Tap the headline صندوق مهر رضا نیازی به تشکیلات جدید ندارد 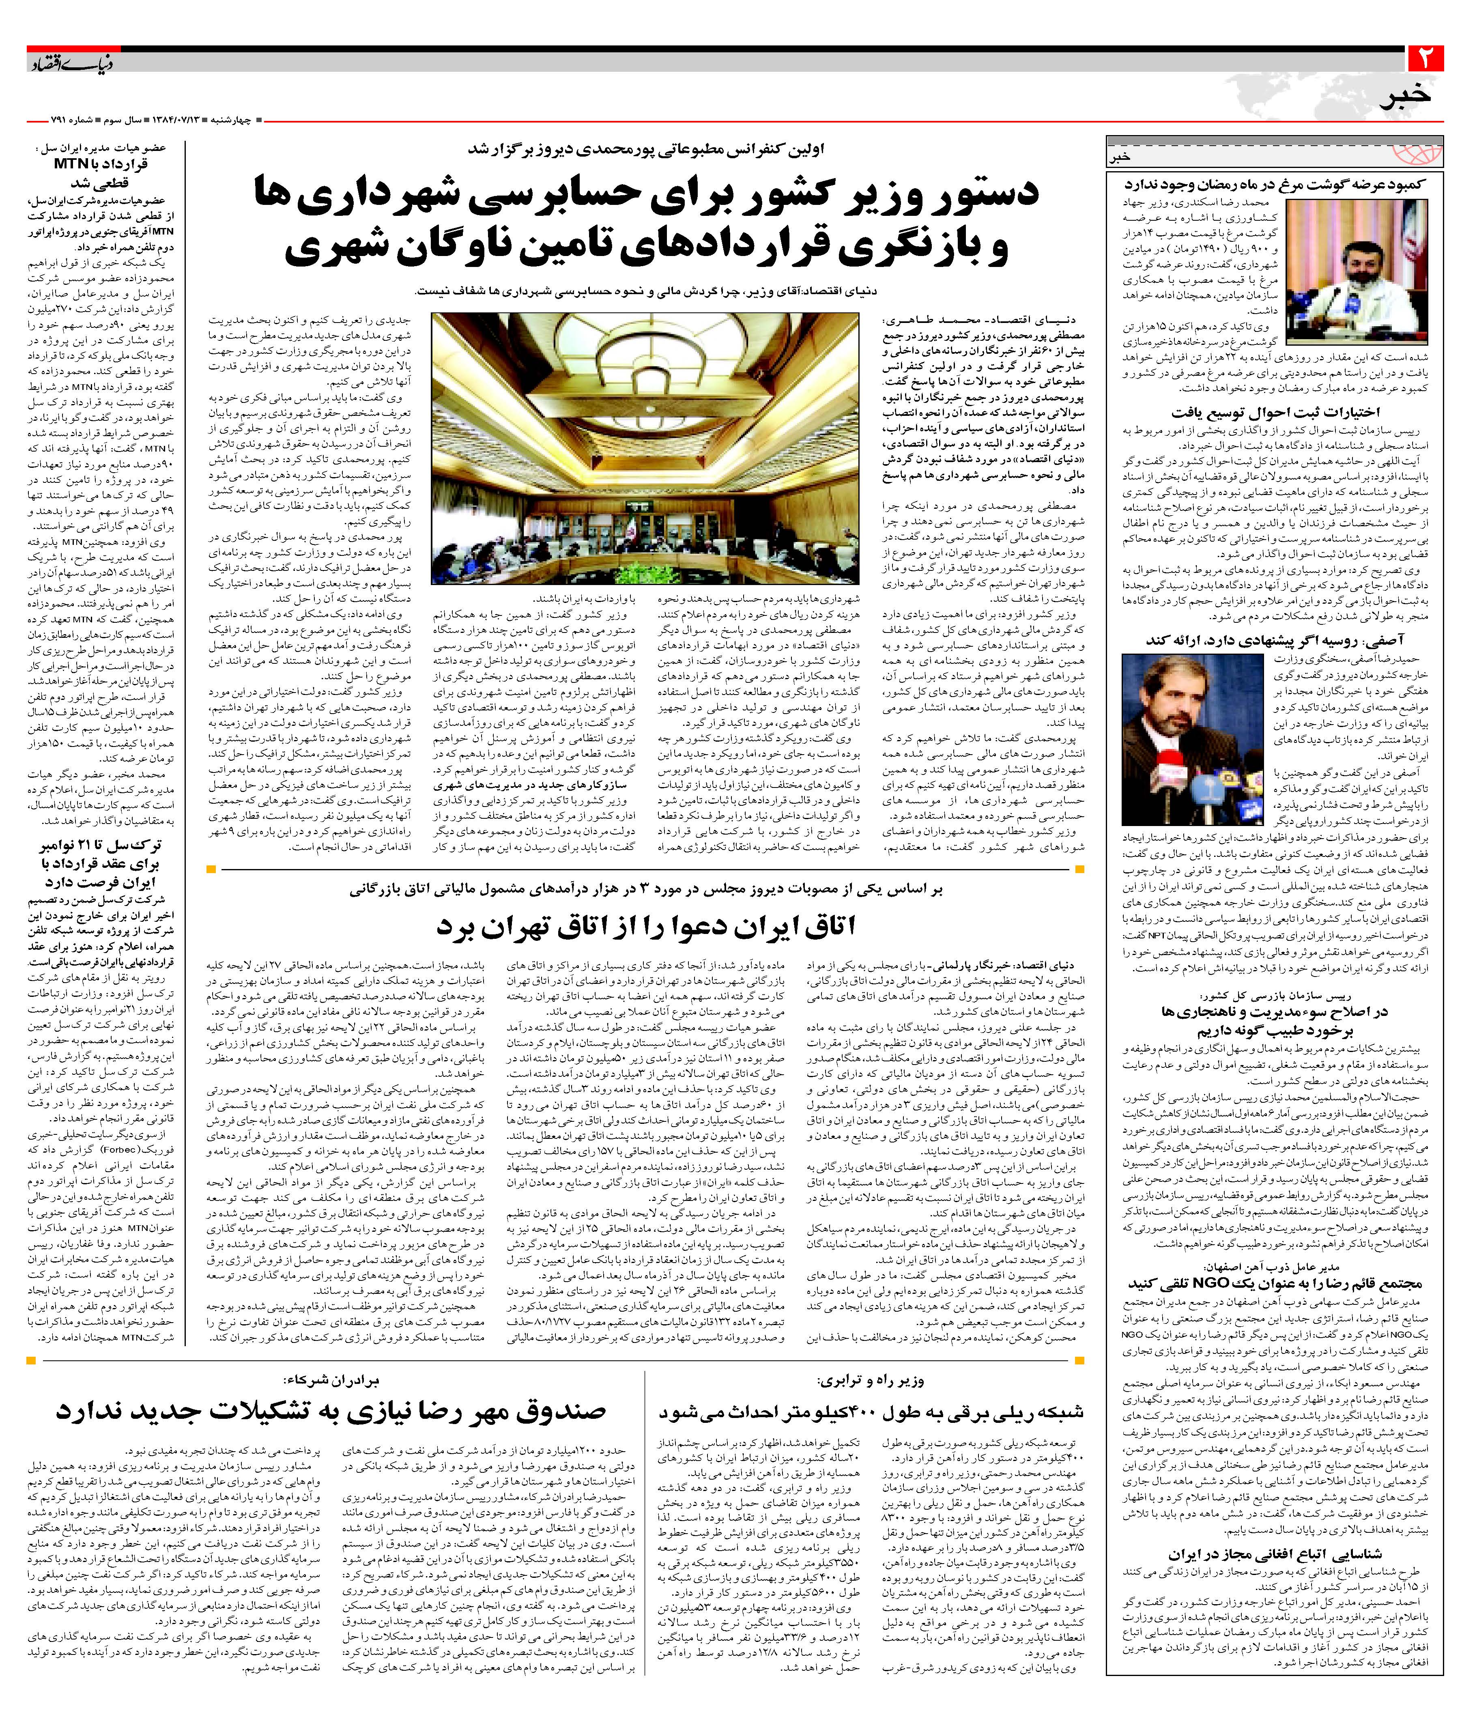(x=331, y=1409)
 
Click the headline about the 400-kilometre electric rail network (x=870, y=1411)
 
